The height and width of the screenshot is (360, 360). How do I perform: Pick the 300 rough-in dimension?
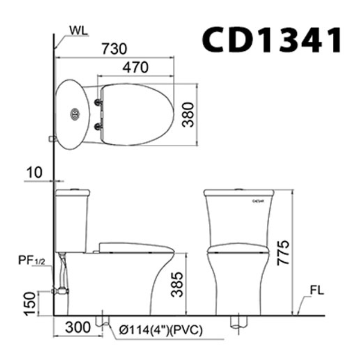click(77, 328)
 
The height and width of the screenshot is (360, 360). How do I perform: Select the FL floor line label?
click(317, 291)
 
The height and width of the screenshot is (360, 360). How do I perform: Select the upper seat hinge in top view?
click(98, 102)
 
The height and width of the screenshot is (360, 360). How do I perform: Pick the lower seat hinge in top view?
click(98, 126)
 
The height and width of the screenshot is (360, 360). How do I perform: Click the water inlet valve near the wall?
click(59, 291)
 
